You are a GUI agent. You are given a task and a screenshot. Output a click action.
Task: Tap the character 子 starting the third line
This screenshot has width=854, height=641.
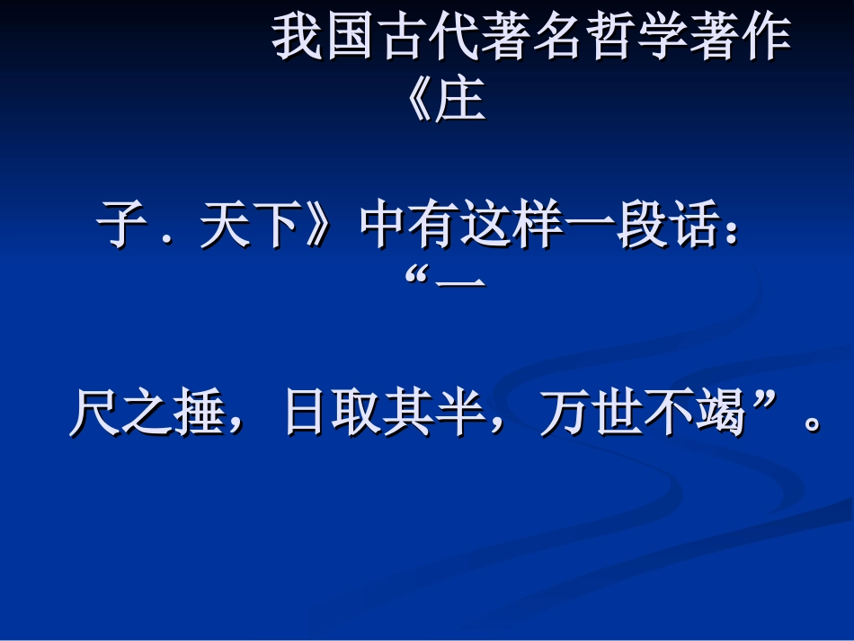click(x=122, y=227)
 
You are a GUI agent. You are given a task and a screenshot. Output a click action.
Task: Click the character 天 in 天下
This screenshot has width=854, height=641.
click(x=225, y=227)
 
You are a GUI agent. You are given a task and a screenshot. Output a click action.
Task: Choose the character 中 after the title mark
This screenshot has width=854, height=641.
click(x=385, y=227)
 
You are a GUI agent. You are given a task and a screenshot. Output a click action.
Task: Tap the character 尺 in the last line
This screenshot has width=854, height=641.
click(x=95, y=414)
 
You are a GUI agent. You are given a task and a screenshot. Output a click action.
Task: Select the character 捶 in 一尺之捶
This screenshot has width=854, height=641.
click(x=198, y=414)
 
